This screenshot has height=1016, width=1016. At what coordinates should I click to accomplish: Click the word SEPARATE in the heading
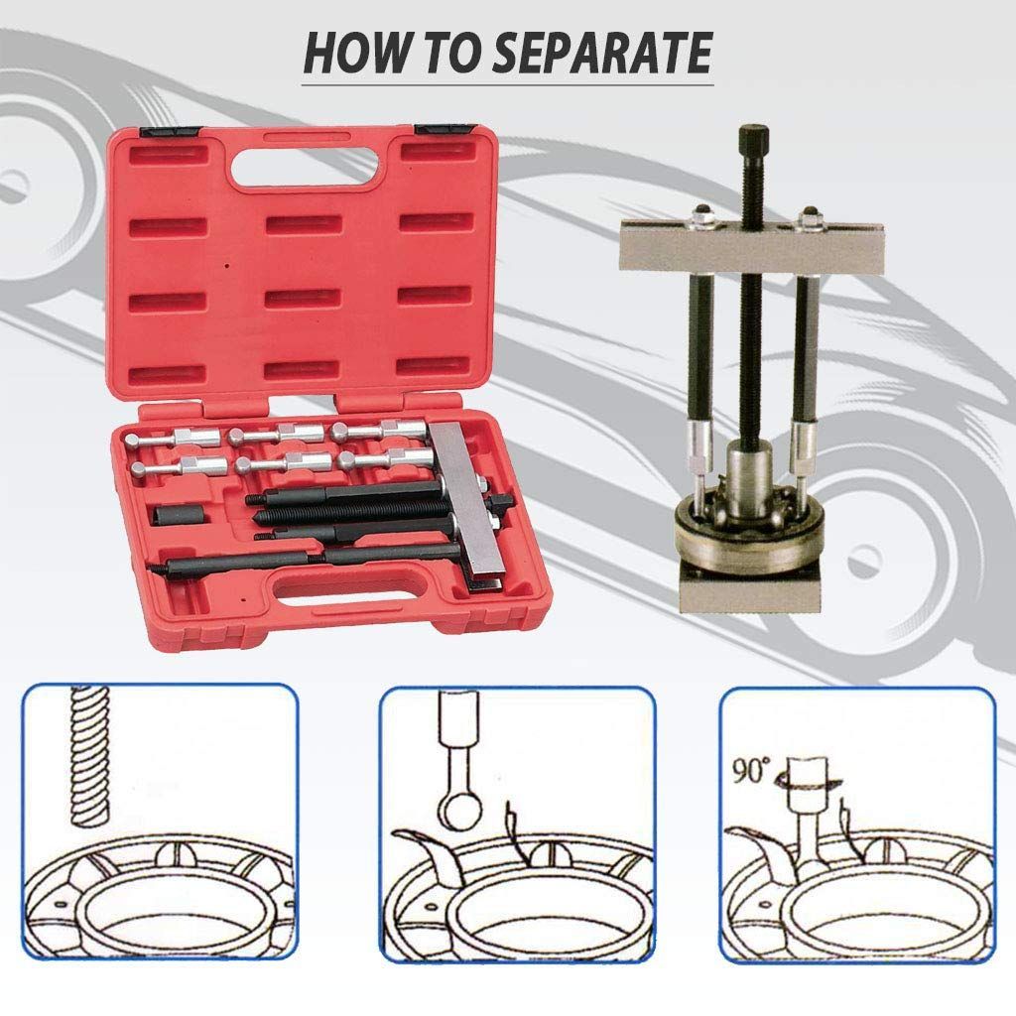[602, 53]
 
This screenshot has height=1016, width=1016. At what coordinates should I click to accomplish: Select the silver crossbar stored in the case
[469, 505]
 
